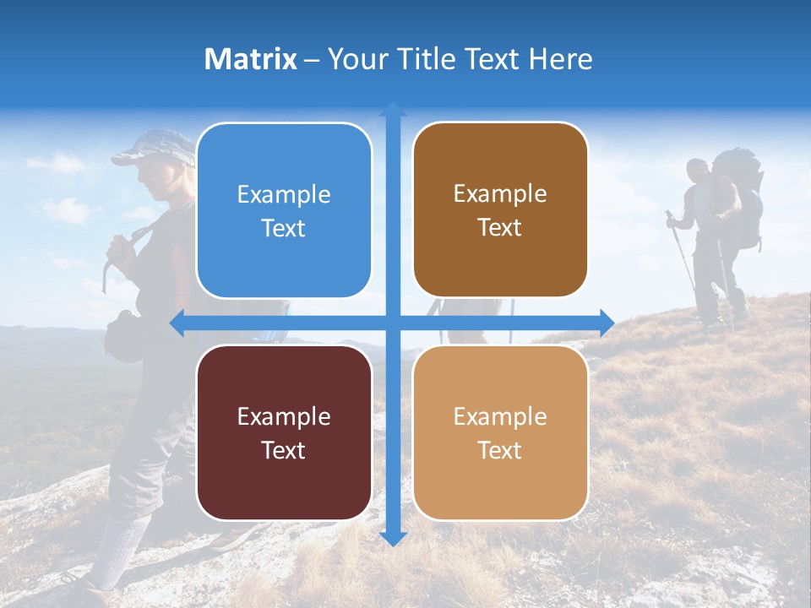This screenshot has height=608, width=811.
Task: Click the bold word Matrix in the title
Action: coord(251,59)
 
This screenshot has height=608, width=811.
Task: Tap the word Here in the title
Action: coord(561,59)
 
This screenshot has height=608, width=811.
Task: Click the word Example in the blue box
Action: coord(284,195)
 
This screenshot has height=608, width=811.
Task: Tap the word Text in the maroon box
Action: coord(284,450)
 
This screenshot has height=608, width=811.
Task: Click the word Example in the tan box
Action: coord(500,416)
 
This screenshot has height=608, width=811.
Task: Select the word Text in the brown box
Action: coord(500,228)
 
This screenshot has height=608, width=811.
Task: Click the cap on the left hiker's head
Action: coord(152,148)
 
